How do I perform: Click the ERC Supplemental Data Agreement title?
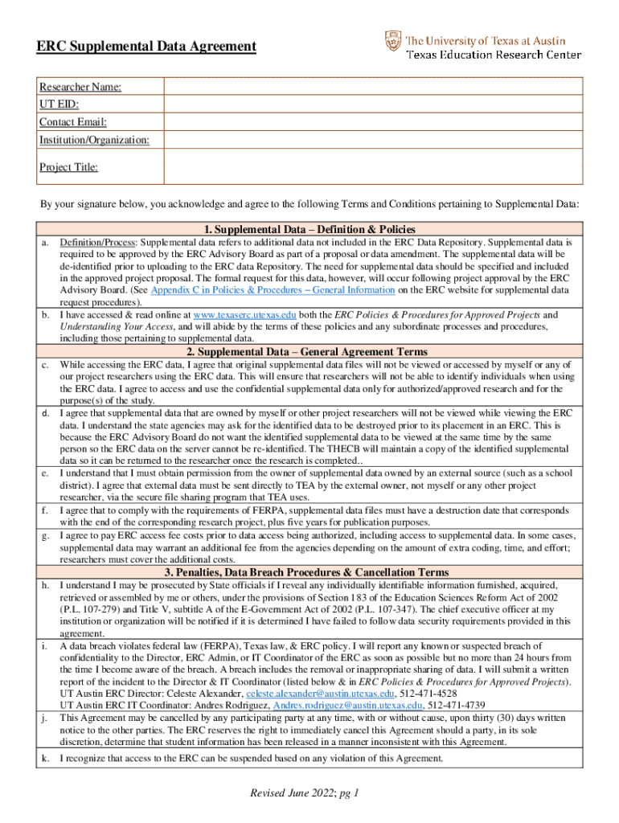(146, 47)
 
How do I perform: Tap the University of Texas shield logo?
(391, 39)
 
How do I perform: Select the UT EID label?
(59, 104)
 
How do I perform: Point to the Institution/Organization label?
(94, 140)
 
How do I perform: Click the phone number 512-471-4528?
(429, 693)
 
